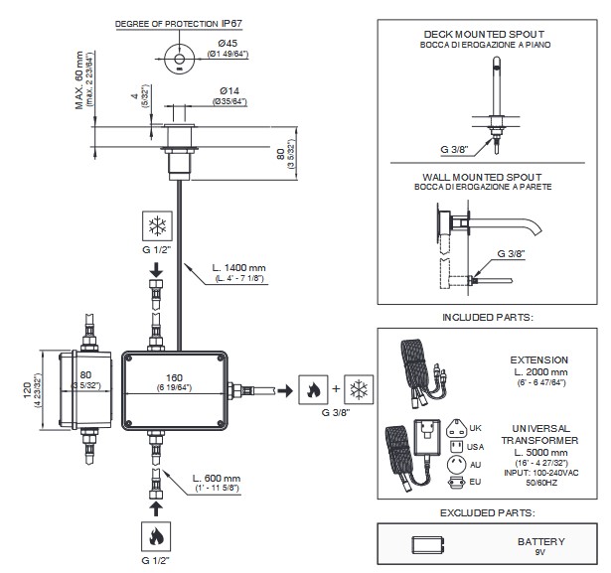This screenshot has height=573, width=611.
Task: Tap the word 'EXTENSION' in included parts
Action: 539,359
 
